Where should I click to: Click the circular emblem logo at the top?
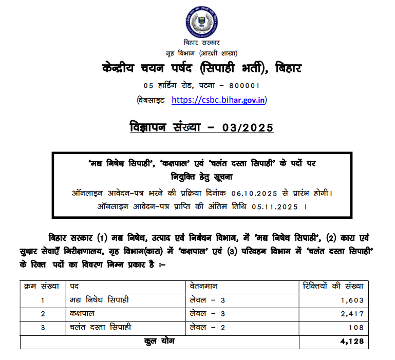coord(200,20)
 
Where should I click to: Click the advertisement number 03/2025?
coord(244,127)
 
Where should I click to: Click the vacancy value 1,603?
coord(352,300)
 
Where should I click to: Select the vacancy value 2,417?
coord(352,314)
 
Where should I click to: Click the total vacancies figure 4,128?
coord(352,341)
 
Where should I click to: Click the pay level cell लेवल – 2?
coord(207,327)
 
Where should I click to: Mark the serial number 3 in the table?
coord(43,327)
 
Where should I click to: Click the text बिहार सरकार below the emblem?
coord(201,43)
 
